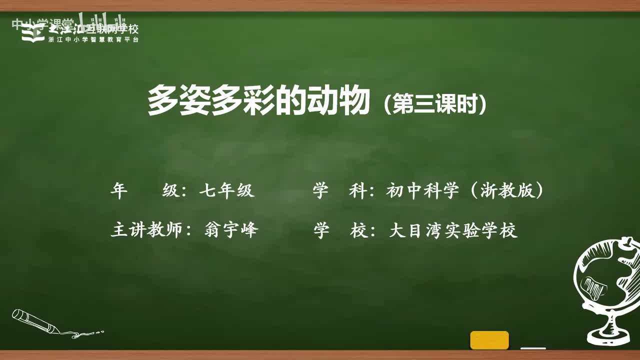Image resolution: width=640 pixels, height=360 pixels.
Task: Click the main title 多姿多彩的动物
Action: point(258,100)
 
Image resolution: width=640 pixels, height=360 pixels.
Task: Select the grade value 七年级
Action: point(227,190)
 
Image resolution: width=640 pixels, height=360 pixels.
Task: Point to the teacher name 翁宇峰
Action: point(231,230)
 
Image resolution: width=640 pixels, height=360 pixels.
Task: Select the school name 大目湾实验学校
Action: point(452,230)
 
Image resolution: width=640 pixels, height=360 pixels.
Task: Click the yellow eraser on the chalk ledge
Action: point(489,340)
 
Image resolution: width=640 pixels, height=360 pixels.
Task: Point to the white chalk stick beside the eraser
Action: point(533,348)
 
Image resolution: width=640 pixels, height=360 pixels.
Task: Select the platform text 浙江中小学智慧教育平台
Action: point(93,39)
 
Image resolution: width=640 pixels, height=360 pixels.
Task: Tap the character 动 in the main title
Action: point(313,100)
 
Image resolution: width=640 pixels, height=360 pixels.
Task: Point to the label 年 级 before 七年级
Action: point(145,190)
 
